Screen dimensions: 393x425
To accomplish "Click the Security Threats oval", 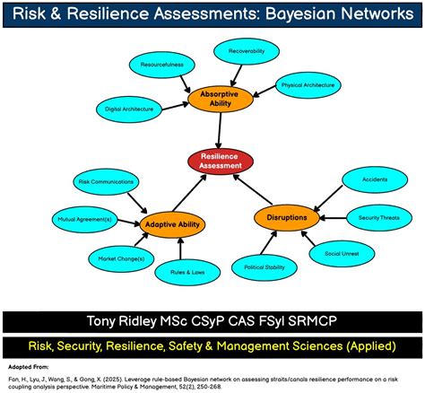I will coord(379,218).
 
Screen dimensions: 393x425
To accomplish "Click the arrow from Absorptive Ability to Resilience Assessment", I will coord(219,130).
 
